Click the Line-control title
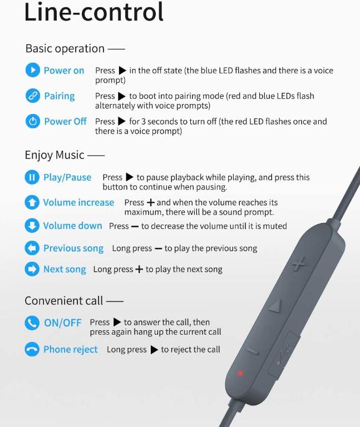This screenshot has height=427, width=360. (x=93, y=12)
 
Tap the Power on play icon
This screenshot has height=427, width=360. (x=33, y=70)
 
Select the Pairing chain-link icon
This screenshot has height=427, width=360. (x=33, y=96)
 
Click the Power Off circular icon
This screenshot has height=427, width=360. (x=33, y=121)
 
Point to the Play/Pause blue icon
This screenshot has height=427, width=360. (x=32, y=177)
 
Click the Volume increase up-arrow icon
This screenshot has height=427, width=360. (x=32, y=202)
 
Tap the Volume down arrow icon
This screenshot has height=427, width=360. (x=32, y=226)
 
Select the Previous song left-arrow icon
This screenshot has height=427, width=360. (x=32, y=248)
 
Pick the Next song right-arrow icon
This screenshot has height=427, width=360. (x=32, y=269)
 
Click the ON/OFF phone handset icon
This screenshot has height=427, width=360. (x=32, y=322)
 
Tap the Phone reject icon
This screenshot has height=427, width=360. (x=32, y=349)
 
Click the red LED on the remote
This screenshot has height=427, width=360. (x=240, y=373)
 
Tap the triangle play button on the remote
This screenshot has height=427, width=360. (x=275, y=306)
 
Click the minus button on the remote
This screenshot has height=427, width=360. (x=253, y=351)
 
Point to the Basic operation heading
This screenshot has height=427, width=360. (x=65, y=49)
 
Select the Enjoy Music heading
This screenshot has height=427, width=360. (x=55, y=155)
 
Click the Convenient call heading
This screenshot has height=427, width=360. (x=64, y=301)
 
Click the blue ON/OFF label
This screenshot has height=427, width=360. (x=63, y=322)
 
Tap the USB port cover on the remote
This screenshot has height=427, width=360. (x=283, y=354)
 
